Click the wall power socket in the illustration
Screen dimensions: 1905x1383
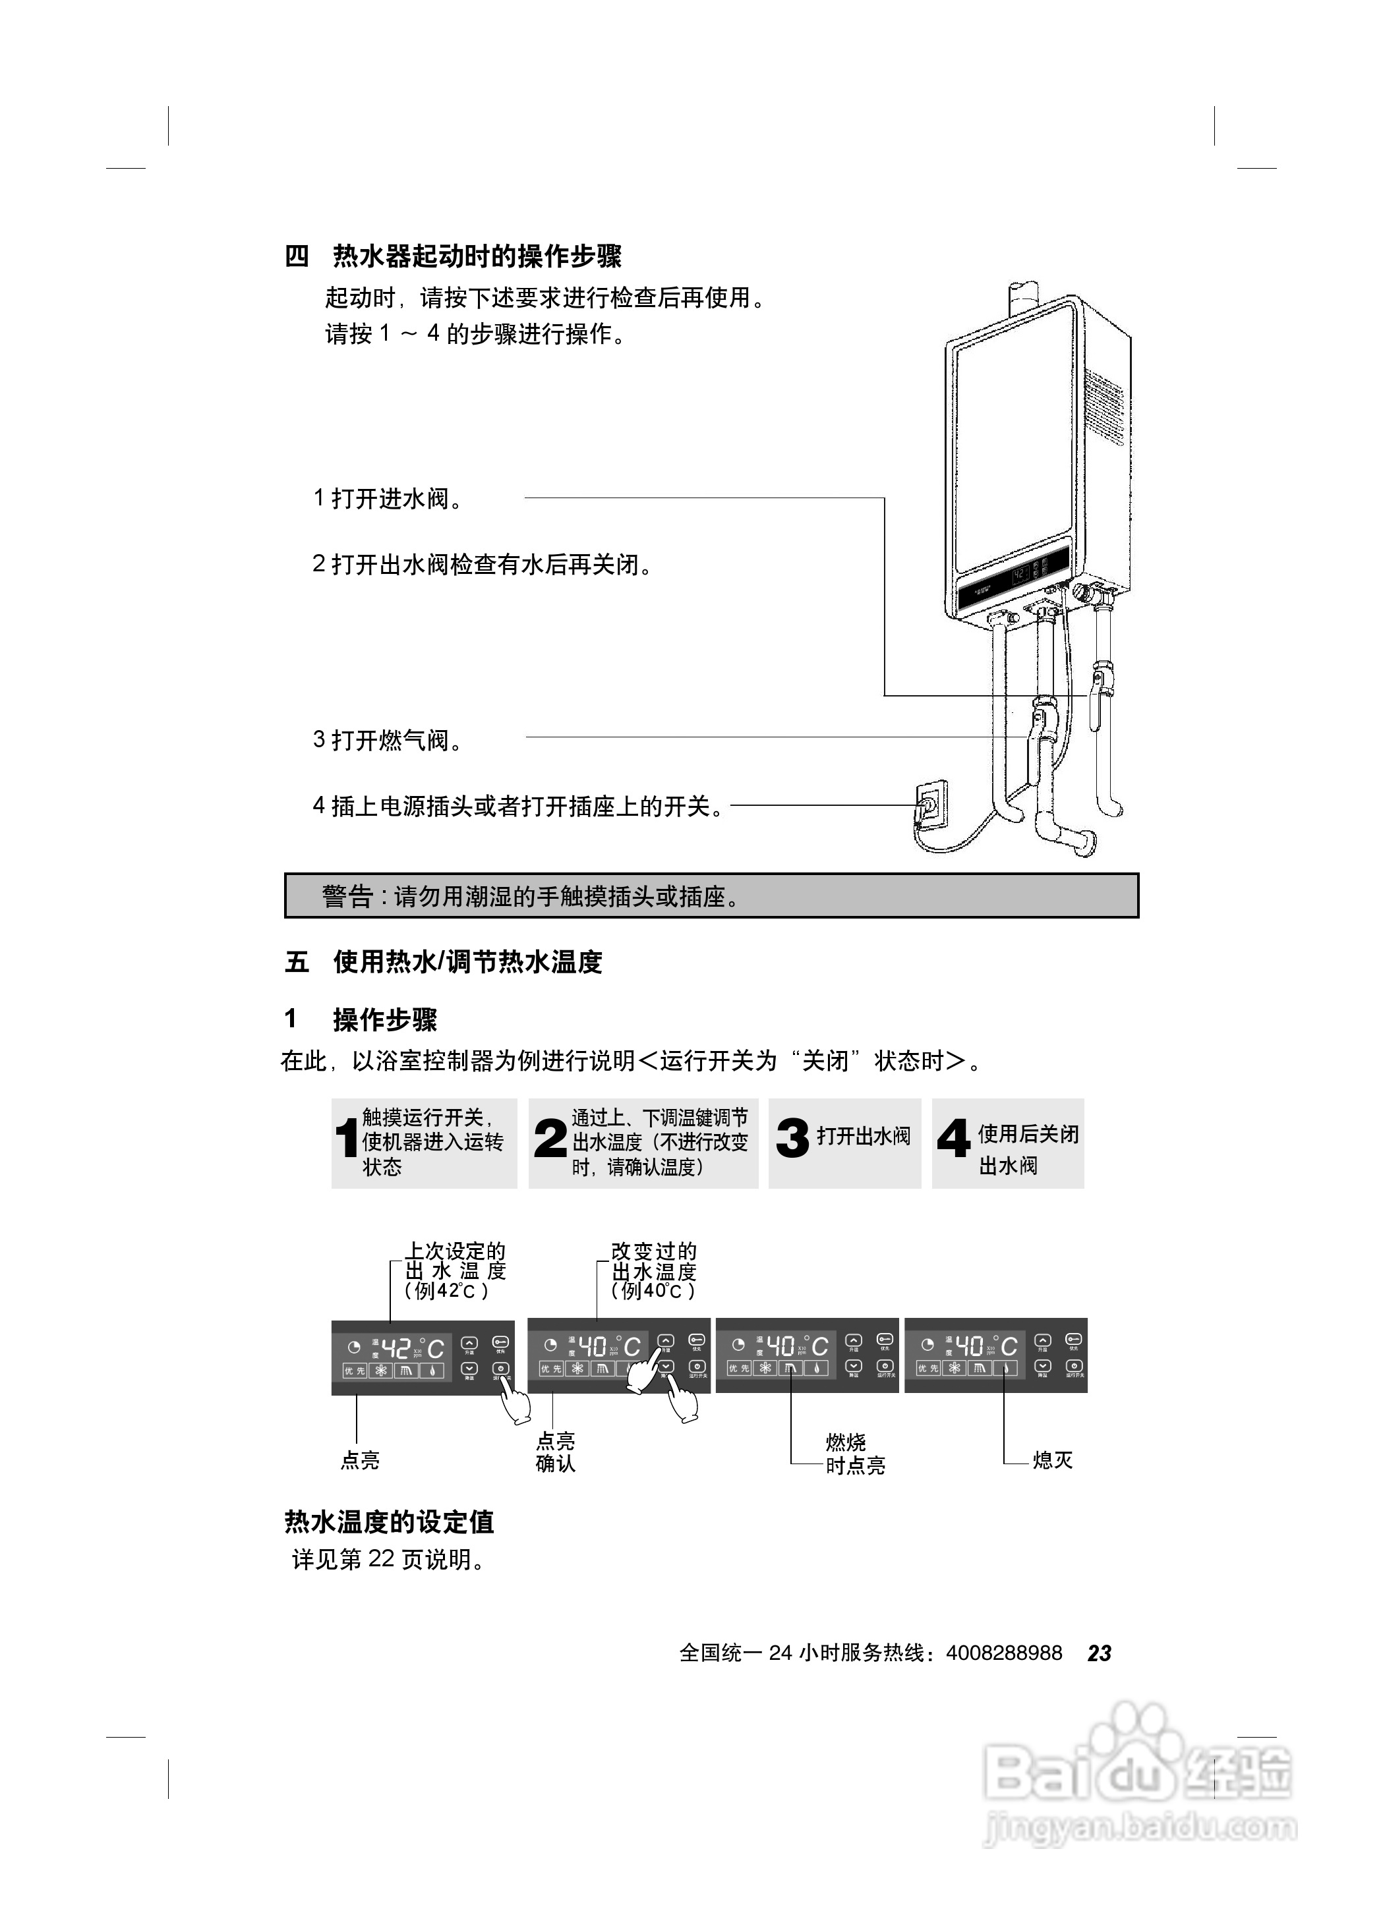[x=930, y=805]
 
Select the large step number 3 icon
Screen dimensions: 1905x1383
[x=792, y=1139]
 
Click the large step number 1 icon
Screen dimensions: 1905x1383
[x=345, y=1140]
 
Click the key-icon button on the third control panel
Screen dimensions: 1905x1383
[x=885, y=1340]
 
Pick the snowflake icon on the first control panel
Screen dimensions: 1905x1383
[x=382, y=1371]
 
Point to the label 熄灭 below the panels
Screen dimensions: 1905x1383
[x=1052, y=1460]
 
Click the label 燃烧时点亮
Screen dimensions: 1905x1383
[x=854, y=1454]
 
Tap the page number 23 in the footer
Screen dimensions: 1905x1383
[x=1099, y=1653]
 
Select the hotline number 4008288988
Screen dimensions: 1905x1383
[x=1003, y=1653]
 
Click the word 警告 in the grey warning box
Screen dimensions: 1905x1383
[x=347, y=896]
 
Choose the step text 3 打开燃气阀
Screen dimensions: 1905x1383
[x=388, y=740]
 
